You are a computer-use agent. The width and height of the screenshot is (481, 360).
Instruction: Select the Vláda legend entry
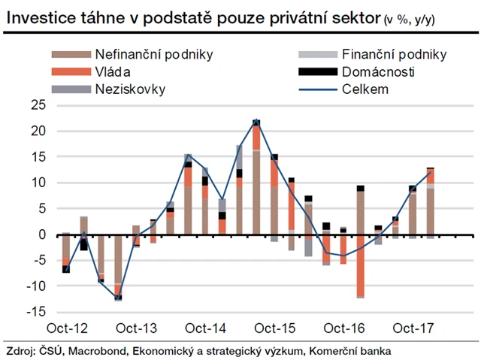(113, 72)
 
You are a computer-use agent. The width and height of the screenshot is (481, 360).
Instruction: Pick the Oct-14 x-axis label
(206, 328)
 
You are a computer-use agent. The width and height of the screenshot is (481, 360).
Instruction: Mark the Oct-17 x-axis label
(413, 328)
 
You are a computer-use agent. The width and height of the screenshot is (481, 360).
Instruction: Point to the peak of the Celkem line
(256, 121)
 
